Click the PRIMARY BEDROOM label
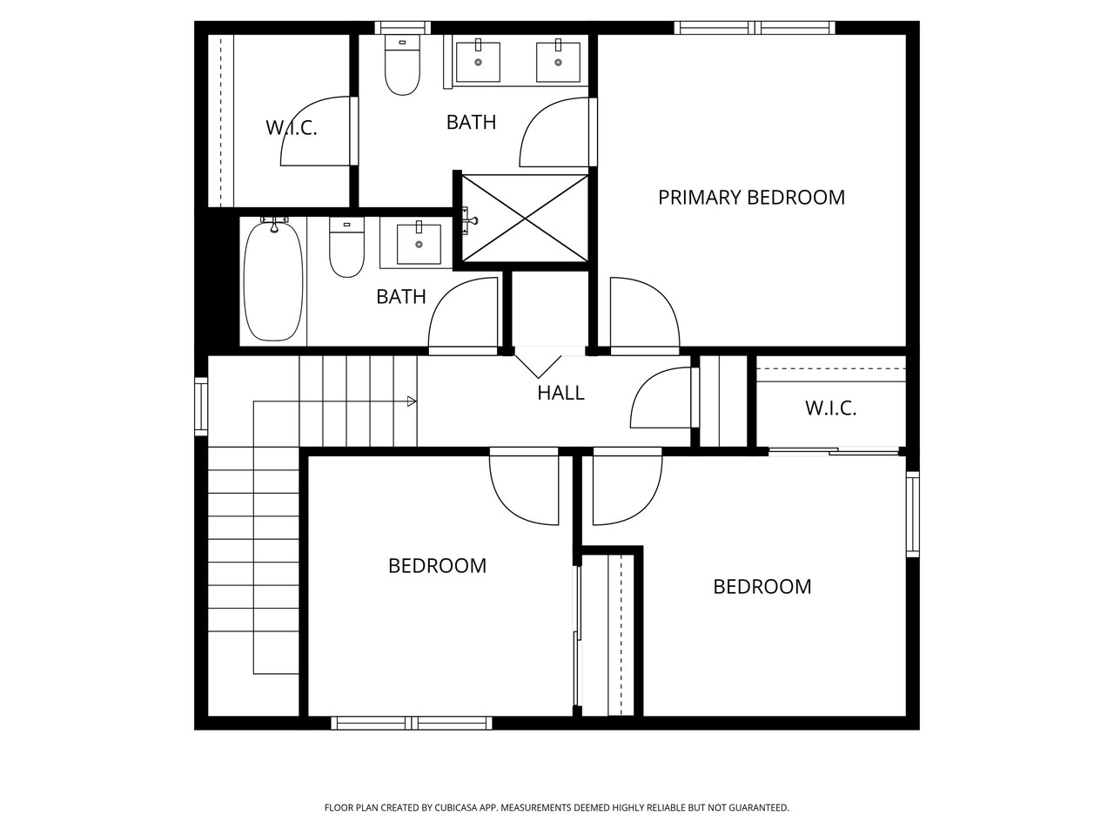[751, 198]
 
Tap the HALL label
[560, 393]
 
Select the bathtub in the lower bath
[272, 280]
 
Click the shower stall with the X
[525, 218]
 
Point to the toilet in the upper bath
[402, 66]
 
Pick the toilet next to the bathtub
[346, 248]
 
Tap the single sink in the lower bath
[419, 244]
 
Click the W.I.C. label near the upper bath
[291, 129]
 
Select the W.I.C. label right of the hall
[830, 408]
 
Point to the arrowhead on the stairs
[412, 401]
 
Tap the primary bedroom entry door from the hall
[644, 315]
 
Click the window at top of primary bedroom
[755, 28]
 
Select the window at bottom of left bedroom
[412, 723]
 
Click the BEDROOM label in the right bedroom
[762, 587]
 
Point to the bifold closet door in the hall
[539, 361]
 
